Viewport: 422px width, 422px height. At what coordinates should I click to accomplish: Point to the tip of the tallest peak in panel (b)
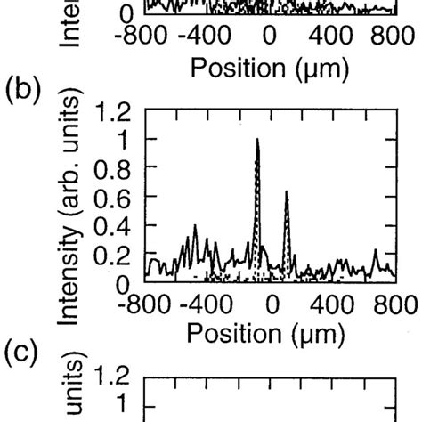[256, 139]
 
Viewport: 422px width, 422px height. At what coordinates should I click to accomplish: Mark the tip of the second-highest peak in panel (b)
[286, 191]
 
